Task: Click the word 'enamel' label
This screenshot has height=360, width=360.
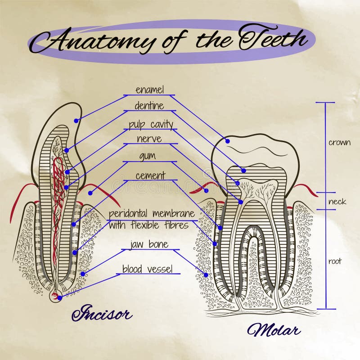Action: [150, 90]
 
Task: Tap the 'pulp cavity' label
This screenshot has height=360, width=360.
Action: [151, 124]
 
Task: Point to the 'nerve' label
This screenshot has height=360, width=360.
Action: [149, 139]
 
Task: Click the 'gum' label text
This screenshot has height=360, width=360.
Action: [147, 156]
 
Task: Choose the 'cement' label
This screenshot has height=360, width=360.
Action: [150, 175]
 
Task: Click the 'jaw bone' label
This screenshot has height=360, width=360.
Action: [149, 244]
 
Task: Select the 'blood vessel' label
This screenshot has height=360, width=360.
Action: [147, 269]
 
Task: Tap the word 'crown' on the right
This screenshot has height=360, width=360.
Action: [339, 143]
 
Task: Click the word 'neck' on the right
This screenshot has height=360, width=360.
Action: [337, 202]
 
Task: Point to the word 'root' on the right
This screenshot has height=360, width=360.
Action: [335, 261]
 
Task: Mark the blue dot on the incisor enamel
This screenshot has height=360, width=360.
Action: [76, 121]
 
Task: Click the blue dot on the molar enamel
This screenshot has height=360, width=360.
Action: [228, 141]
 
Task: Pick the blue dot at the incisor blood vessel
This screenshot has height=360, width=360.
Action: [59, 298]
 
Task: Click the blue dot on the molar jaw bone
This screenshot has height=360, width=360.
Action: [206, 274]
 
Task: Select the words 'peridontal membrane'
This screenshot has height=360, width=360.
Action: [152, 213]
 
